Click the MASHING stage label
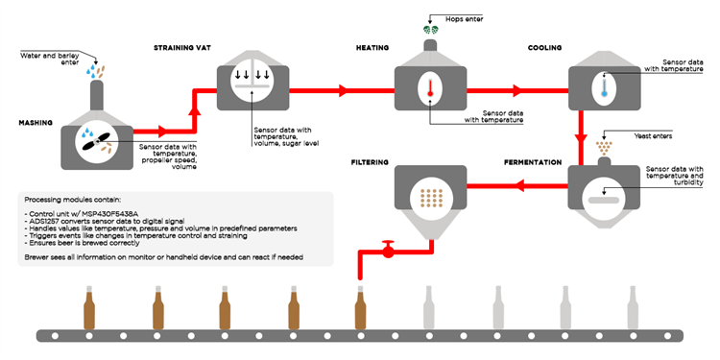coord(36,123)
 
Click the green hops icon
coord(429,31)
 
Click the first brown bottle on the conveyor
coord(90,307)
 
